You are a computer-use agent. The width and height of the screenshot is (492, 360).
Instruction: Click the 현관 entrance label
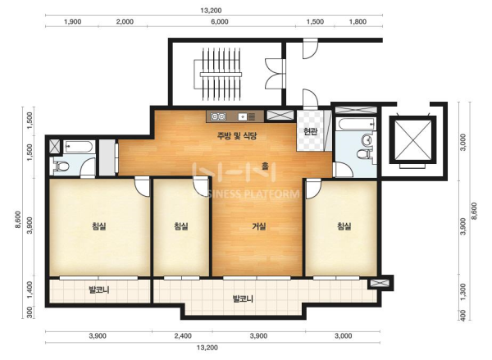pyautogui.click(x=310, y=131)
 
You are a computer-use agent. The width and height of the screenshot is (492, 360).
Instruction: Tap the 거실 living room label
pyautogui.click(x=259, y=226)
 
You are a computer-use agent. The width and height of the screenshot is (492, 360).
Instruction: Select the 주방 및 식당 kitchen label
pyautogui.click(x=237, y=135)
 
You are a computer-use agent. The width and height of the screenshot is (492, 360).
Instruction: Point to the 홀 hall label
pyautogui.click(x=265, y=166)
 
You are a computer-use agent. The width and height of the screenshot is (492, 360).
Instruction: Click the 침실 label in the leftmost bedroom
pyautogui.click(x=99, y=226)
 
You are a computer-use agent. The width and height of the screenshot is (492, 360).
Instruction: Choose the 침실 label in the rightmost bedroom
pyautogui.click(x=344, y=226)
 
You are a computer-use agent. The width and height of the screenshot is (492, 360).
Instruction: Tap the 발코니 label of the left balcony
pyautogui.click(x=99, y=289)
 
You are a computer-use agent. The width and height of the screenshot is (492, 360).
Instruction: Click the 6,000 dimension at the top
pyautogui.click(x=220, y=21)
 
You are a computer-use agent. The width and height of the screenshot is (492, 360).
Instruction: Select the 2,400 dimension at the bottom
pyautogui.click(x=183, y=336)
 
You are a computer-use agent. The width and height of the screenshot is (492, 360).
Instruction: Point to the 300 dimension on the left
pyautogui.click(x=30, y=312)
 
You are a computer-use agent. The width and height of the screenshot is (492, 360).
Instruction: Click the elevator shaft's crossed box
pyautogui.click(x=413, y=139)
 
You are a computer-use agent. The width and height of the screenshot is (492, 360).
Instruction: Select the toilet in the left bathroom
pyautogui.click(x=61, y=166)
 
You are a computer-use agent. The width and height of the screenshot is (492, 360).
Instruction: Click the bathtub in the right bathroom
pyautogui.click(x=356, y=124)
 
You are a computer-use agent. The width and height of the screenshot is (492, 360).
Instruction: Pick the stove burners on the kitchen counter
pyautogui.click(x=219, y=116)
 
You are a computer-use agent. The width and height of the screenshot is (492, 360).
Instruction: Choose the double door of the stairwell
pyautogui.click(x=275, y=74)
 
